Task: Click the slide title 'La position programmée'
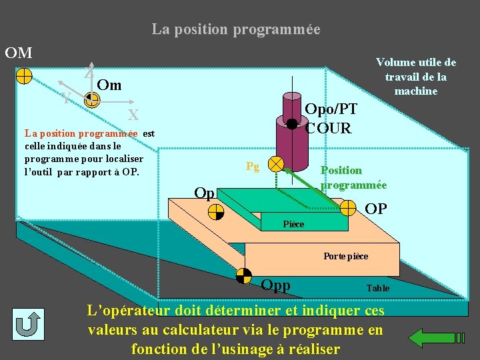pyautogui.click(x=236, y=30)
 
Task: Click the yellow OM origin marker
pyautogui.click(x=23, y=75)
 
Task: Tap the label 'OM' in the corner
pyautogui.click(x=19, y=52)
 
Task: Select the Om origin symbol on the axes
pyautogui.click(x=92, y=100)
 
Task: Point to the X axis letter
pyautogui.click(x=133, y=114)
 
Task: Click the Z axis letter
pyautogui.click(x=89, y=74)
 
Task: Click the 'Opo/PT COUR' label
pyautogui.click(x=331, y=118)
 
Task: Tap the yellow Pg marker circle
pyautogui.click(x=275, y=163)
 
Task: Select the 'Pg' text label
pyautogui.click(x=252, y=166)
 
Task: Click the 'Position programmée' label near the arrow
pyautogui.click(x=353, y=177)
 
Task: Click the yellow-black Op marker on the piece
pyautogui.click(x=215, y=212)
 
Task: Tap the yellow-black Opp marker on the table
pyautogui.click(x=244, y=275)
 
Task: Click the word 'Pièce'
pyautogui.click(x=293, y=224)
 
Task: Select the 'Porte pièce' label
pyautogui.click(x=345, y=256)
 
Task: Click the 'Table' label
pyautogui.click(x=378, y=288)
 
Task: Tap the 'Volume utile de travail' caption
pyautogui.click(x=416, y=76)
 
